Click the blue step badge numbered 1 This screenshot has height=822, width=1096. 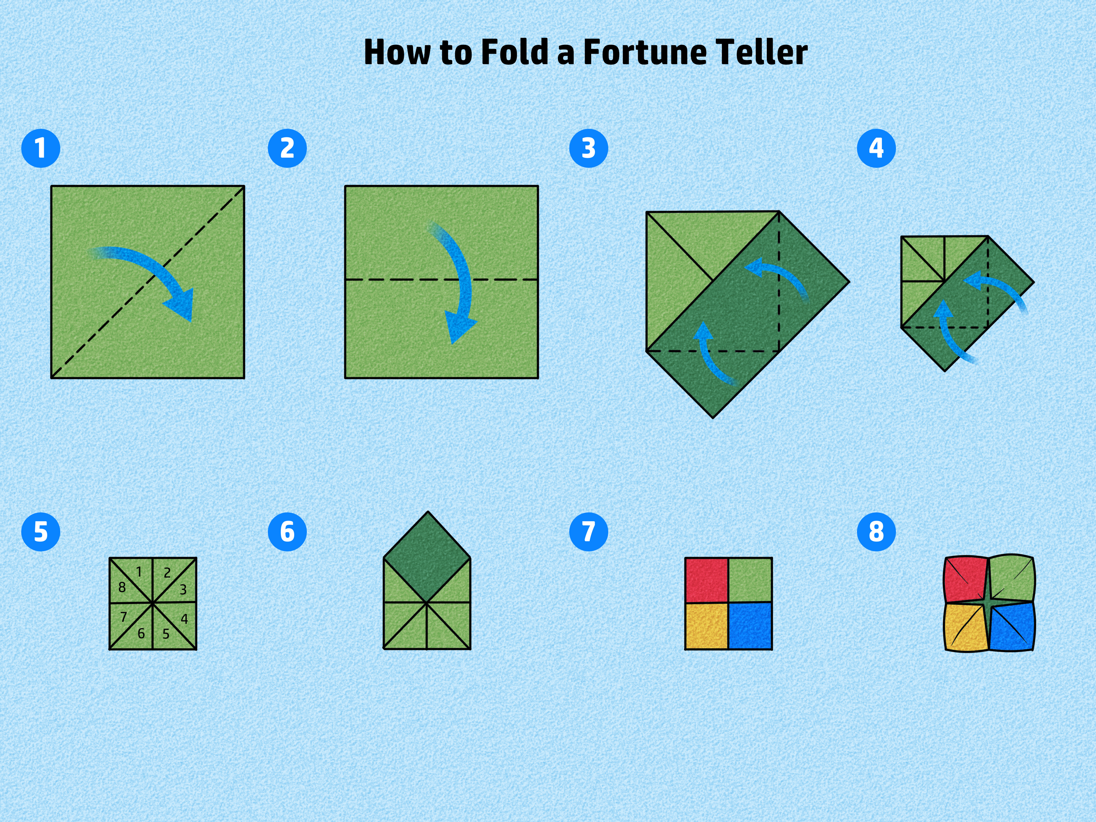(41, 148)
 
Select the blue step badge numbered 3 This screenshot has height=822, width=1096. (589, 148)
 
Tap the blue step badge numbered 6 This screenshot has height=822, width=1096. (287, 532)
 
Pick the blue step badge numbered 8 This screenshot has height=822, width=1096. (876, 532)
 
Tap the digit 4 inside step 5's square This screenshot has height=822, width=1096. (184, 619)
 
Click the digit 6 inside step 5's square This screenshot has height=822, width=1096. (141, 633)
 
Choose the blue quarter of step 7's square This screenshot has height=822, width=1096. (750, 626)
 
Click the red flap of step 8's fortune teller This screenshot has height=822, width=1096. (964, 579)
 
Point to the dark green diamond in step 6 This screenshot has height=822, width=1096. (427, 557)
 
